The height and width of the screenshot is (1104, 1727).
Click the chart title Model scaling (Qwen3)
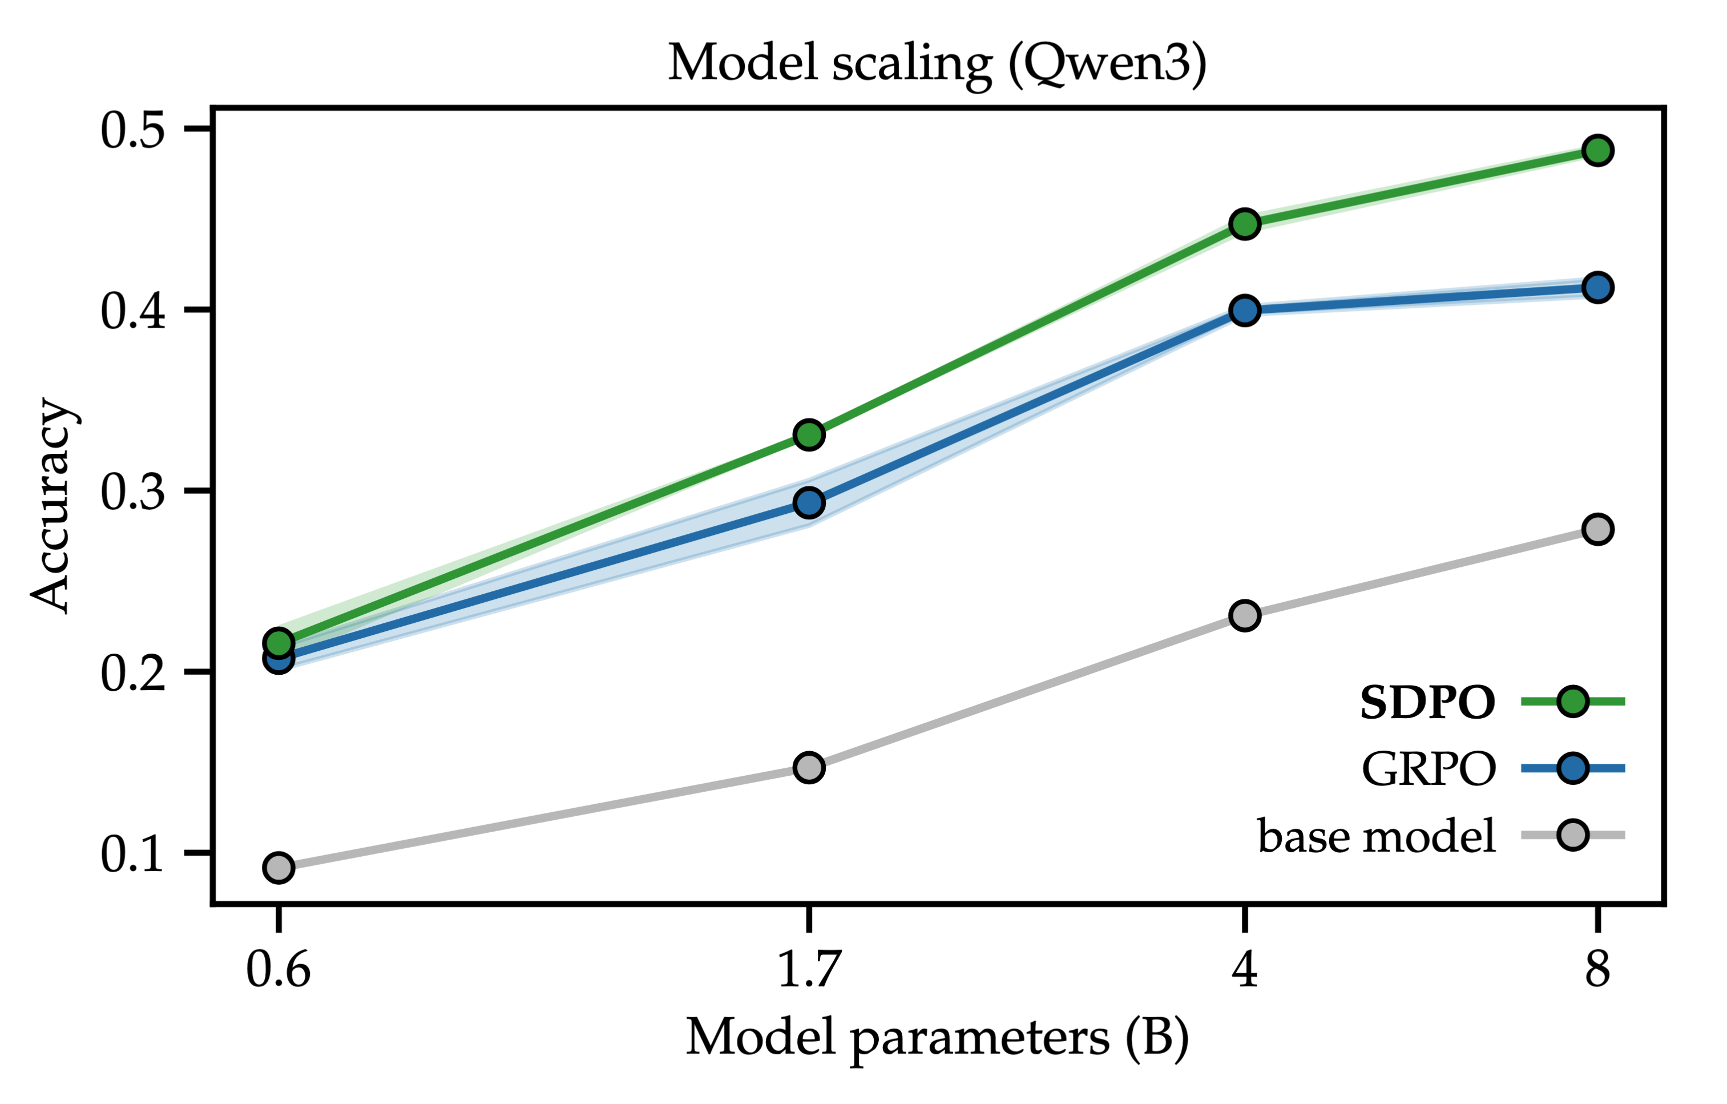pos(937,65)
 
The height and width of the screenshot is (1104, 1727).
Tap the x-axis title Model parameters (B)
pos(937,1037)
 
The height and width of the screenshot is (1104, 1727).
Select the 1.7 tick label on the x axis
pos(809,970)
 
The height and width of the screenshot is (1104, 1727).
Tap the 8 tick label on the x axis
pos(1597,970)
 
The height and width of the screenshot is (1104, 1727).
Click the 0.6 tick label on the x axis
pos(279,970)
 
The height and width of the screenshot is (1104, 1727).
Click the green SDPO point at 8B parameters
pos(1597,151)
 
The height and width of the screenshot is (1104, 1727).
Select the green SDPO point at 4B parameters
pos(1245,224)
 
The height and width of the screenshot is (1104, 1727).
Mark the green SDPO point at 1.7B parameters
pos(809,435)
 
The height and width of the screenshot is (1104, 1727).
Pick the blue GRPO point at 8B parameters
pos(1597,288)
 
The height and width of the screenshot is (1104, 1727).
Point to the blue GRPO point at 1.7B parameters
pos(809,503)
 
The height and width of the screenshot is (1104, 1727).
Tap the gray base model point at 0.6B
pos(279,867)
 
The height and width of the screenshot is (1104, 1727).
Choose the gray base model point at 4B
pos(1245,615)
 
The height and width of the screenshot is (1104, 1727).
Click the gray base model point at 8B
pos(1597,529)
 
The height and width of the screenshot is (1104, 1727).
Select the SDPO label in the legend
pos(1427,702)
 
